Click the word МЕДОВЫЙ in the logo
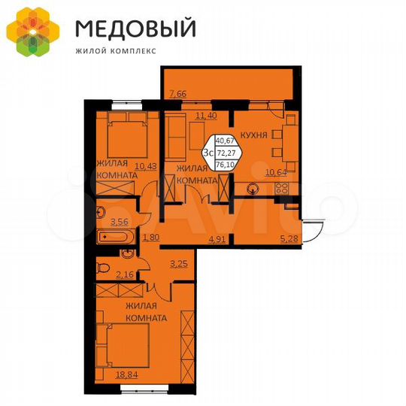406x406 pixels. pos(135,29)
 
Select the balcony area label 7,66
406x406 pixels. pos(178,94)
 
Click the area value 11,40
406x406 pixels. pos(206,116)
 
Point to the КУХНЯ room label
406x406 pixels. pos(254,137)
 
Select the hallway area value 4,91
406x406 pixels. pos(217,241)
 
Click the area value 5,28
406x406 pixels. pos(288,241)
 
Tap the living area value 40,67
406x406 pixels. pos(224,141)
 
